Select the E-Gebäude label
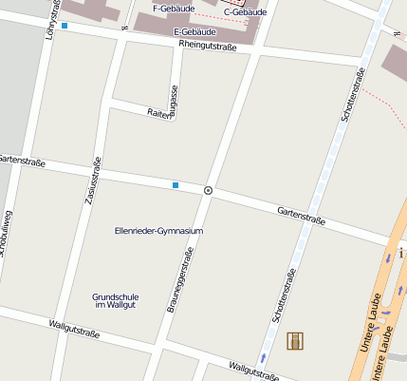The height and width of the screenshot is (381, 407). [x=194, y=31]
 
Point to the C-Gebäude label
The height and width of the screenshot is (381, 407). [x=245, y=12]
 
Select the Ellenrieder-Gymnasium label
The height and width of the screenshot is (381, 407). [x=158, y=231]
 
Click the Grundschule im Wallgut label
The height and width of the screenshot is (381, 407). [x=116, y=301]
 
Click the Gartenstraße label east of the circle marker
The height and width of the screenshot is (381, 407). [x=301, y=216]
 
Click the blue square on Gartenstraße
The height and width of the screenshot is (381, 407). [x=176, y=184]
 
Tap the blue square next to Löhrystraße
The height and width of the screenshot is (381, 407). [x=65, y=26]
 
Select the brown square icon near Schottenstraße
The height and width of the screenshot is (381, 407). [x=295, y=341]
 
